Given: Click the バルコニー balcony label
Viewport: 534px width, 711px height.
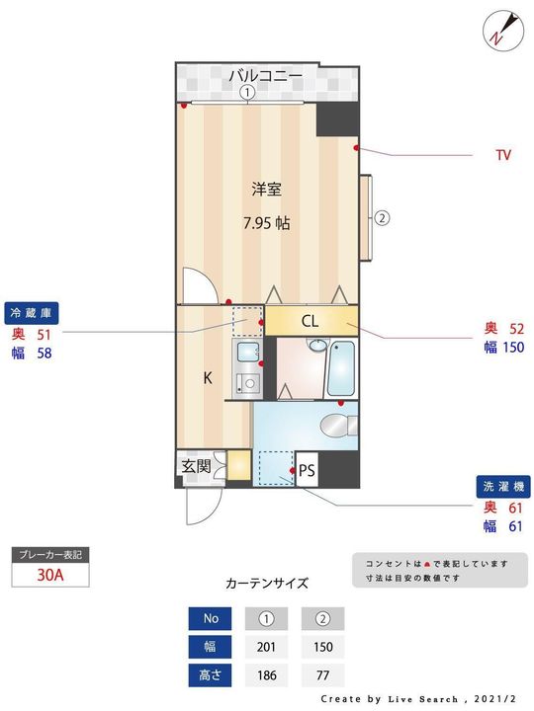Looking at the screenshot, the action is tap(266, 75).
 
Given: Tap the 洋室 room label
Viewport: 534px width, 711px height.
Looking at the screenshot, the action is tap(267, 189).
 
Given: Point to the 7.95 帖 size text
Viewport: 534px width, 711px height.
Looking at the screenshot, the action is tap(267, 223).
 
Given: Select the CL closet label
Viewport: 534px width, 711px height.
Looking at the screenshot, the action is tap(310, 322).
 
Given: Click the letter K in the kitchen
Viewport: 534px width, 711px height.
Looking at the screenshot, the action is tap(208, 377).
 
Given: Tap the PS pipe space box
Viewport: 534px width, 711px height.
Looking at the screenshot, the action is tap(307, 470).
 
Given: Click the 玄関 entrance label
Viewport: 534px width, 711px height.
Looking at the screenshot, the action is tap(196, 466).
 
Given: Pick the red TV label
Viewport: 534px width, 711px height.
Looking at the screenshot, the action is tap(503, 155).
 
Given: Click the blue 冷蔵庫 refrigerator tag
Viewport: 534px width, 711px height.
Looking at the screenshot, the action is tap(32, 313).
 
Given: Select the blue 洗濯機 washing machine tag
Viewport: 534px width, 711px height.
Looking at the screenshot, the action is tap(503, 487).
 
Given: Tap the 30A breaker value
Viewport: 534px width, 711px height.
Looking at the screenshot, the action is tap(50, 575).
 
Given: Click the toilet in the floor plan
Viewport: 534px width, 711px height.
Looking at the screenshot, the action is tap(339, 426).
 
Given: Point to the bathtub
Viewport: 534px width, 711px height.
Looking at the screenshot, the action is tap(341, 368).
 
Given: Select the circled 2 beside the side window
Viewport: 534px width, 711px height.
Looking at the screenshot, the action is tap(382, 218).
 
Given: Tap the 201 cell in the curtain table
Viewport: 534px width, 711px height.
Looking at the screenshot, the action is tap(266, 647).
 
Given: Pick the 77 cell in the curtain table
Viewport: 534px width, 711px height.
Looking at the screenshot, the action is tap(322, 675).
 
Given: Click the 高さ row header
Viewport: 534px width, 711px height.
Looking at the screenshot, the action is tap(210, 675).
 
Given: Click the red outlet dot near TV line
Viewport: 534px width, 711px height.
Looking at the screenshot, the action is tap(356, 148).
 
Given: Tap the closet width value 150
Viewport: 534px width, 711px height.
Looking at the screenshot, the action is tap(513, 348).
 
